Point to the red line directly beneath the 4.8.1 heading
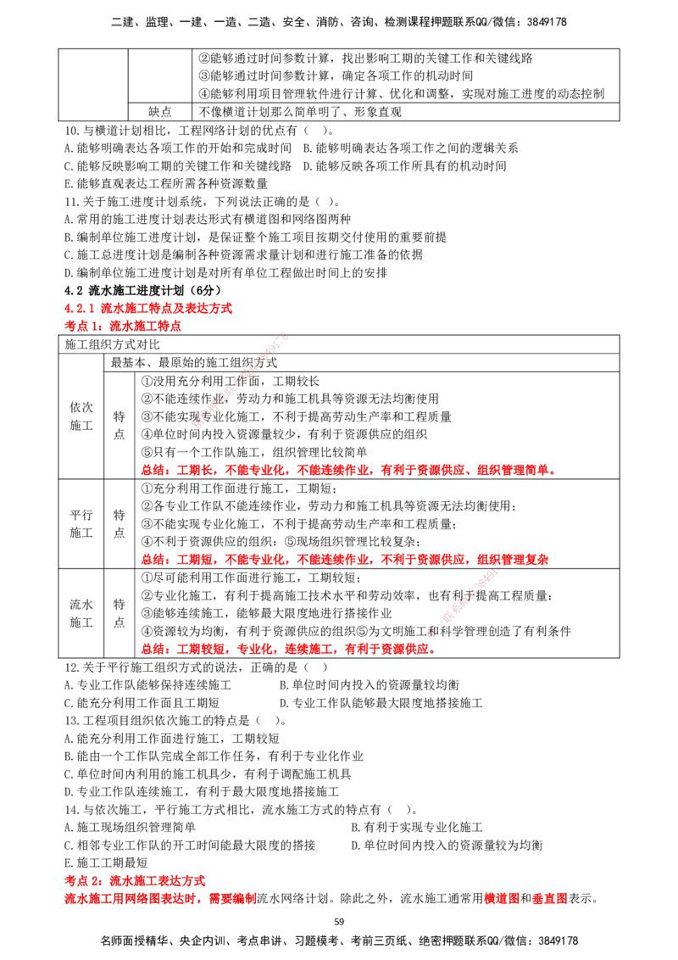[x=123, y=326]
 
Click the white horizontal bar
[x=559, y=573]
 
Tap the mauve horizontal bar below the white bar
[x=542, y=607]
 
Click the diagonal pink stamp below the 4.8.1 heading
[x=242, y=377]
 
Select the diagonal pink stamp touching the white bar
[x=466, y=600]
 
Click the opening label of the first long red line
[x=153, y=470]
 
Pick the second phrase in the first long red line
[x=197, y=470]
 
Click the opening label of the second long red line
[x=153, y=560]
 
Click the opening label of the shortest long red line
[x=153, y=650]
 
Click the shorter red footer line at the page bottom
[x=136, y=881]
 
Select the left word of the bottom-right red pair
[x=501, y=899]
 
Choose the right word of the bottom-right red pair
[x=550, y=899]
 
